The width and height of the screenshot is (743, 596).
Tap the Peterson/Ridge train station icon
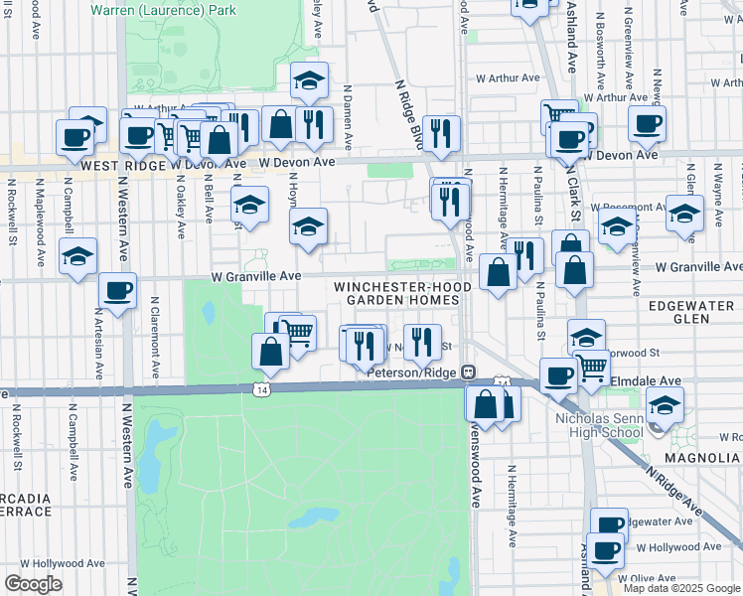469,372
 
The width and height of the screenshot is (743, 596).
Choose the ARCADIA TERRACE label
26,505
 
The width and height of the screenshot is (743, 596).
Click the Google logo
33,584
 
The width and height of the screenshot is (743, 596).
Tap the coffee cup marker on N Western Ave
117,291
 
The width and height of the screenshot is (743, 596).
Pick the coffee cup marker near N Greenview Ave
648,124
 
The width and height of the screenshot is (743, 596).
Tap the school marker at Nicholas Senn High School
665,404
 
